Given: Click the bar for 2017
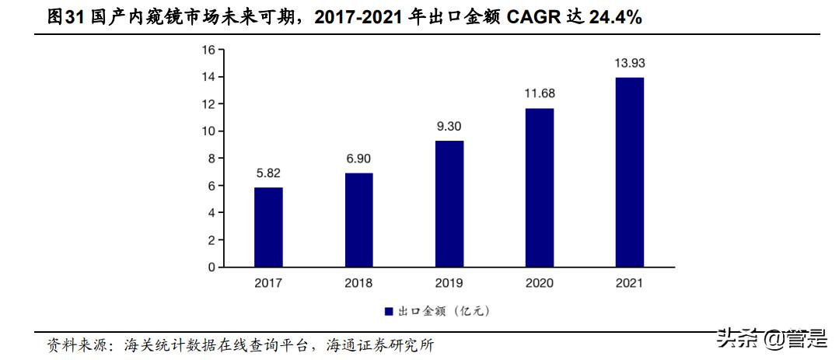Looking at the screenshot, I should click(268, 227).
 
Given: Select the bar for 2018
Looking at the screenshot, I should click(358, 220).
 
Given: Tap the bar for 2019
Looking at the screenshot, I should click(449, 204).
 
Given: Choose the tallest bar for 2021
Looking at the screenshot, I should click(629, 172).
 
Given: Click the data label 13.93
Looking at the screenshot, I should click(629, 64).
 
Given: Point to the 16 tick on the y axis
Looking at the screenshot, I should click(208, 50).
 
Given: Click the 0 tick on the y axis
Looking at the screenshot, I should click(211, 267).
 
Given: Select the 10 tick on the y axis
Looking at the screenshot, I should click(208, 131).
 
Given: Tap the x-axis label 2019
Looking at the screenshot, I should click(449, 283).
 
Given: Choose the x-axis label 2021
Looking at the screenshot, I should click(629, 283).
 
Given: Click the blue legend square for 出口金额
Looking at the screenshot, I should click(389, 311).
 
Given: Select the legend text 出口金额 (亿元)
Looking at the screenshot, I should click(443, 311).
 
